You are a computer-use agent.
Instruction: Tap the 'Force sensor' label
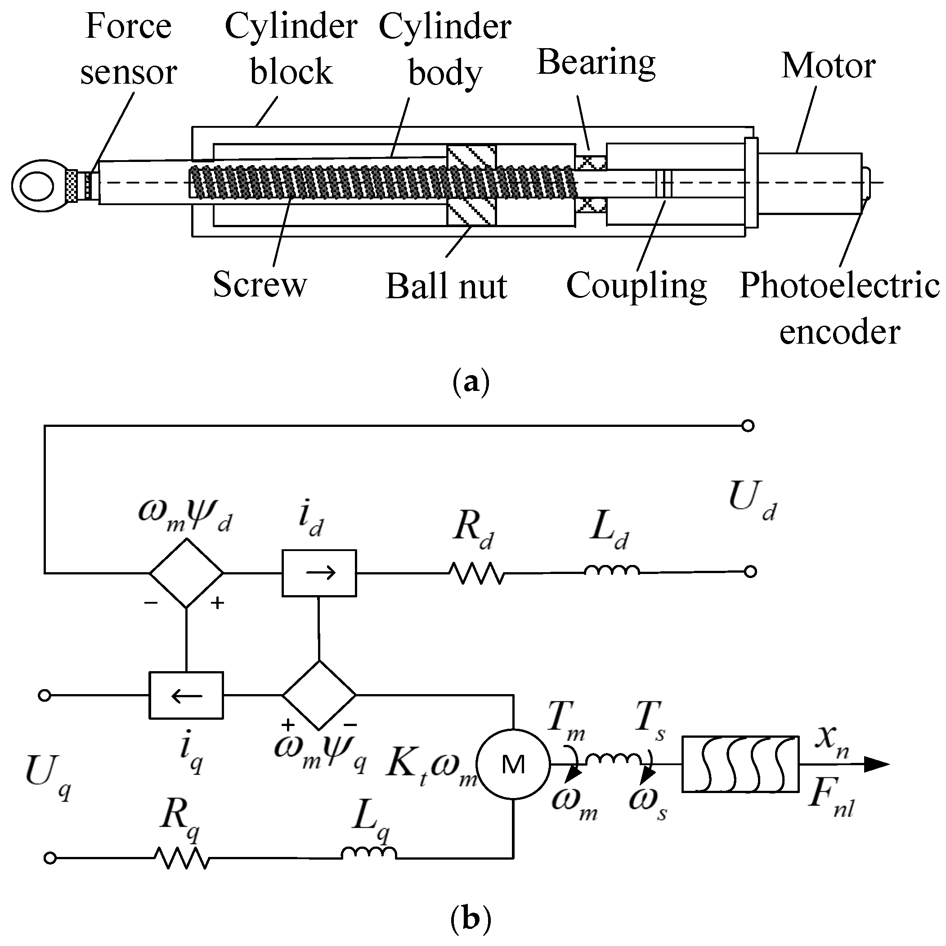point(128,49)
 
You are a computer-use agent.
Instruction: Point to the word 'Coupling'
point(636,286)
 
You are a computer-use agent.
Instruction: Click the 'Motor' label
point(828,66)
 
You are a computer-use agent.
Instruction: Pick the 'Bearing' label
point(596,63)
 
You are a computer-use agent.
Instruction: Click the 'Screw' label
point(259,284)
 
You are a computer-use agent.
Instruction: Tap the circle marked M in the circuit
point(513,765)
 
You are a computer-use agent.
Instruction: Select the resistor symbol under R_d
point(476,574)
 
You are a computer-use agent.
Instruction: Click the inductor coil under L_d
point(612,571)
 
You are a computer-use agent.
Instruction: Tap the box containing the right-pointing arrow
point(319,573)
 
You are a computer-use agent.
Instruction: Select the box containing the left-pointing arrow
point(186,695)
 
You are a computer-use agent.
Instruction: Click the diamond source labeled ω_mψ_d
point(186,573)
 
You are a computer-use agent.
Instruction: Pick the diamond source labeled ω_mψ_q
point(319,695)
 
